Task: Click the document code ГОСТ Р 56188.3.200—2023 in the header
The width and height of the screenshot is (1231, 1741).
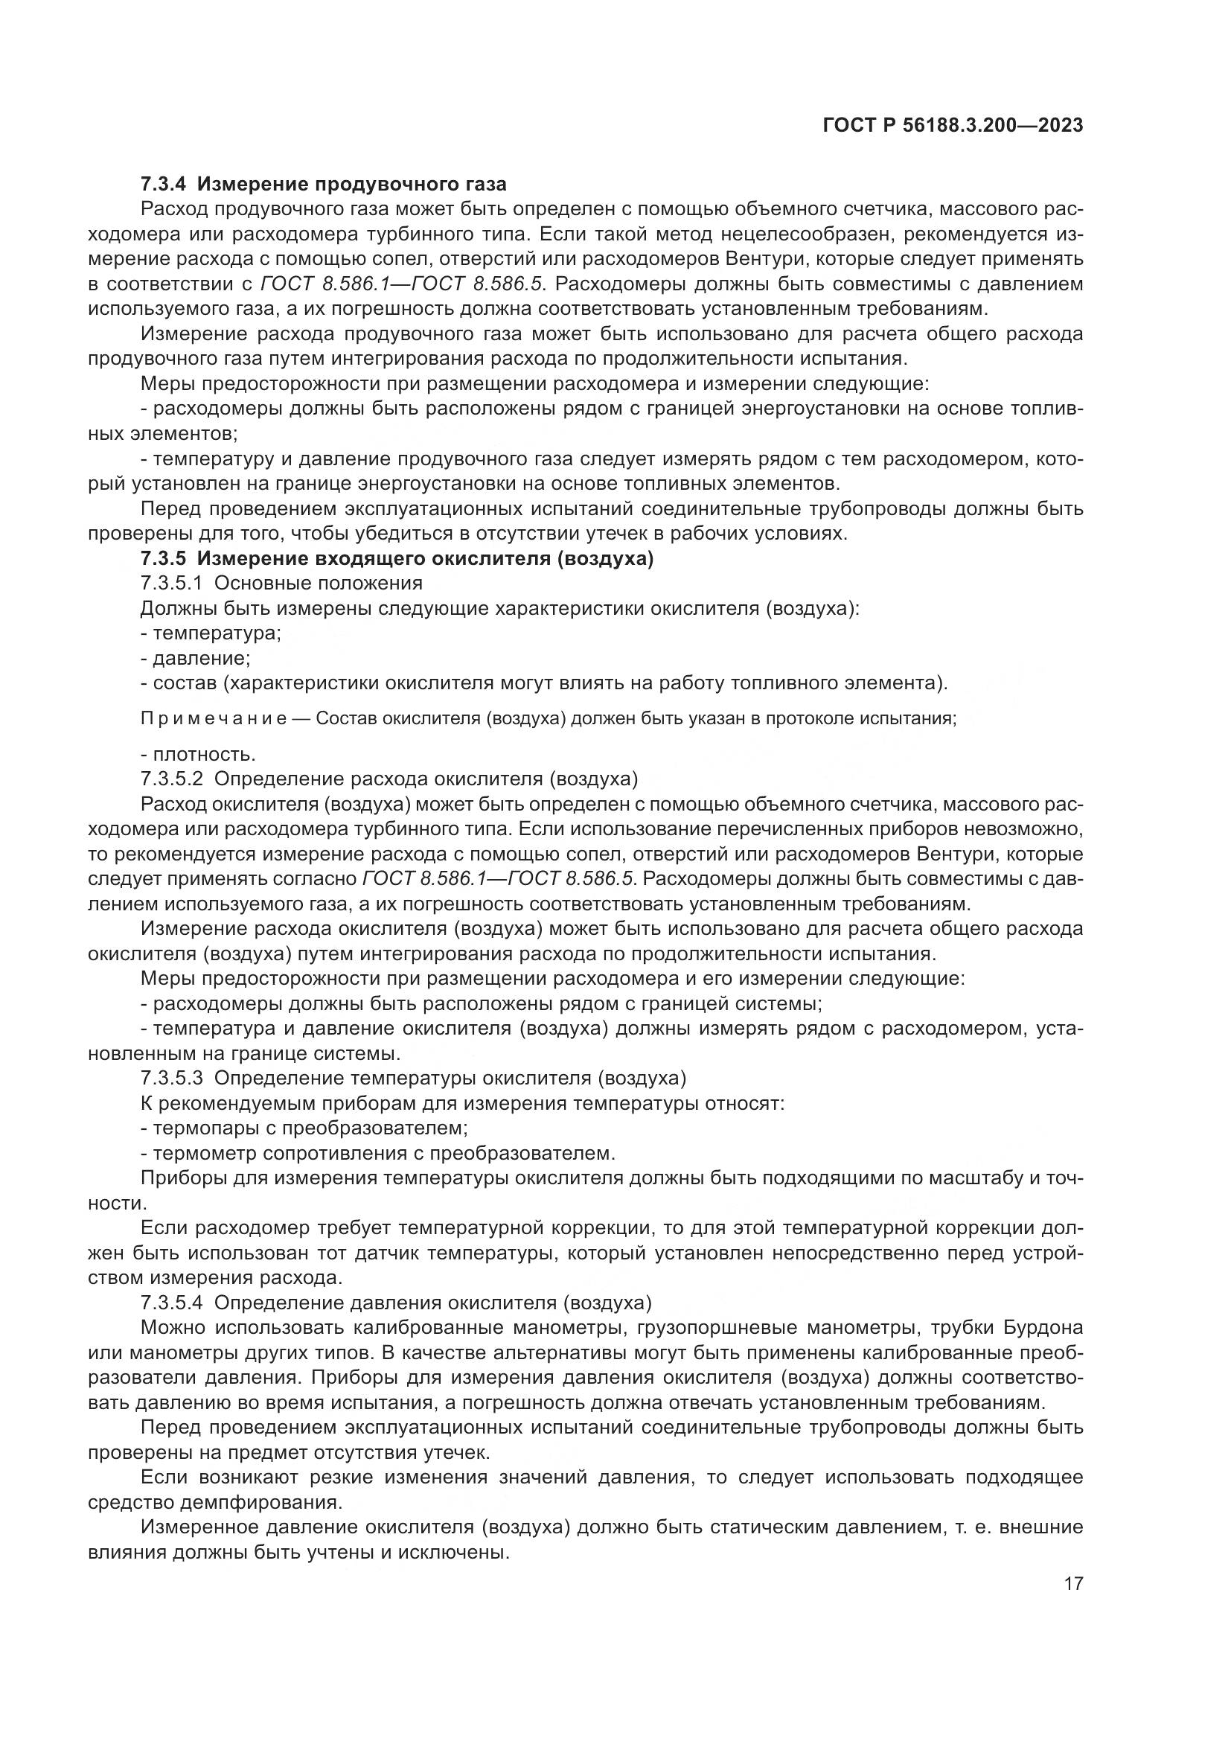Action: (x=952, y=126)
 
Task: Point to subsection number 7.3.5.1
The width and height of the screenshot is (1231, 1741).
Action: (x=171, y=583)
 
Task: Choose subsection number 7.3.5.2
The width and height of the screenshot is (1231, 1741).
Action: (x=171, y=779)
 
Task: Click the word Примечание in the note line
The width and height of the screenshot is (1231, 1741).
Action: (x=213, y=719)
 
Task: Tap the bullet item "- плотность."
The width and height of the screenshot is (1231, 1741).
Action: (x=198, y=755)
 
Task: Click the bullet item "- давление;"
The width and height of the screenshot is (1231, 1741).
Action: (x=196, y=657)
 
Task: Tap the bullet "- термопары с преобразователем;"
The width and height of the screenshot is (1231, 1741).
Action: (x=304, y=1128)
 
